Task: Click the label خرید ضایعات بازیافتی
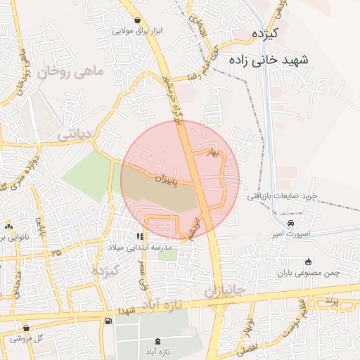[283, 196]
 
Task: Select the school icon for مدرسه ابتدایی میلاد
[140, 237]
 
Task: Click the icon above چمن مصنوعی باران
[307, 263]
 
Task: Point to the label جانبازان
[224, 290]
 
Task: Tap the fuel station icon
[108, 321]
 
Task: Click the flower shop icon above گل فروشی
[26, 328]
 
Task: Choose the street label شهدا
[127, 310]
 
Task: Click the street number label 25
[56, 251]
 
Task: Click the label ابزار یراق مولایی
[138, 32]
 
